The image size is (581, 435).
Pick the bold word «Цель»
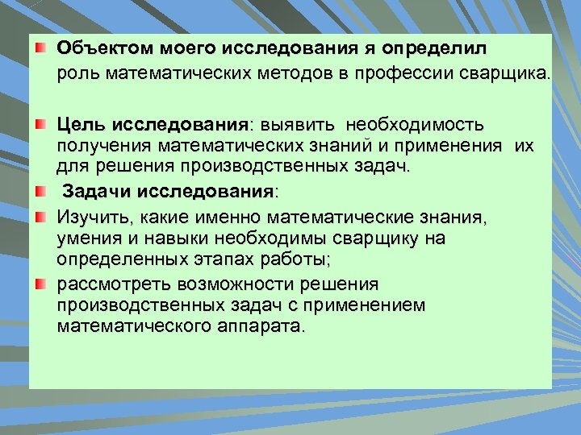click(82, 126)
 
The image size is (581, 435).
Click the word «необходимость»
click(416, 126)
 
